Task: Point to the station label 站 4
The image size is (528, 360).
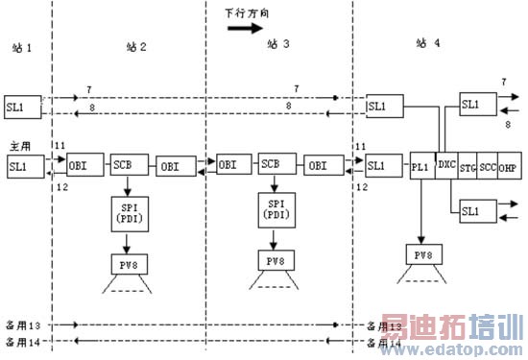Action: click(x=428, y=43)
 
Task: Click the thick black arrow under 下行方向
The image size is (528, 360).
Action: click(x=244, y=28)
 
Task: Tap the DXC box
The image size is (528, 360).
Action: click(x=447, y=163)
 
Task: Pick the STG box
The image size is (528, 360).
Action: click(x=468, y=165)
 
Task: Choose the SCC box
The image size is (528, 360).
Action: click(x=488, y=165)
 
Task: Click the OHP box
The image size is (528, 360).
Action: click(x=508, y=165)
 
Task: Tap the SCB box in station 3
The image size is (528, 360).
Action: click(x=273, y=165)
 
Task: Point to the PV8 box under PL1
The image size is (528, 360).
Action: click(x=424, y=255)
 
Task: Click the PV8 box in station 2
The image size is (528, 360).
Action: click(x=128, y=261)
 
